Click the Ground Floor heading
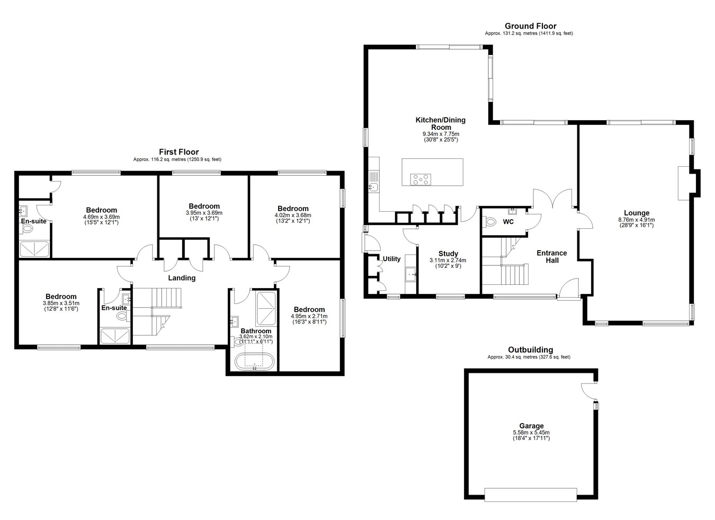pos(530,26)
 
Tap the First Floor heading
pos(179,152)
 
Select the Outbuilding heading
pos(531,350)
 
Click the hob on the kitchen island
pos(421,180)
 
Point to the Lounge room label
pos(637,213)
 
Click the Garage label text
pos(531,426)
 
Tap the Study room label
pos(448,254)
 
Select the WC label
pos(508,221)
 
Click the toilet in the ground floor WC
pos(489,221)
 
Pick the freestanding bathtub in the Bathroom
pos(254,361)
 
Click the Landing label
pos(182,278)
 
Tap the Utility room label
pos(391,259)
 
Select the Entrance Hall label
pos(551,257)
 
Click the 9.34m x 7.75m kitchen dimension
pos(441,134)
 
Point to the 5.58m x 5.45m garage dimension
pos(531,433)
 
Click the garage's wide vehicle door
pos(531,495)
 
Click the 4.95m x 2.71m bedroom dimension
pos(309,316)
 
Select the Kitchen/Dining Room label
pos(441,123)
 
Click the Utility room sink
pos(411,274)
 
